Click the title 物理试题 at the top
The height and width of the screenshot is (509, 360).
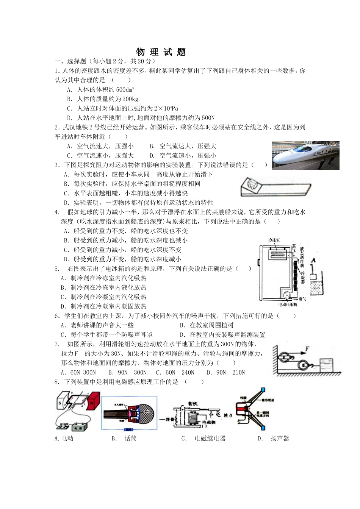161,52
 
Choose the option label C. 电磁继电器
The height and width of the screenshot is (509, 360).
203,438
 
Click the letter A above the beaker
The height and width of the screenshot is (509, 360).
313,261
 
